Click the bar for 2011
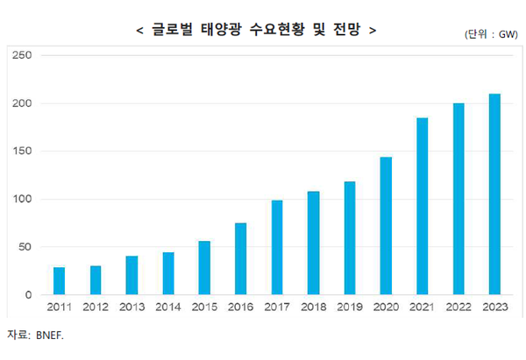point(59,280)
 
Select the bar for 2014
point(167,273)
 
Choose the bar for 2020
point(386,225)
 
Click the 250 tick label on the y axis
point(21,55)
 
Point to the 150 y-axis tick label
point(21,152)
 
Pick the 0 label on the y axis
point(28,295)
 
